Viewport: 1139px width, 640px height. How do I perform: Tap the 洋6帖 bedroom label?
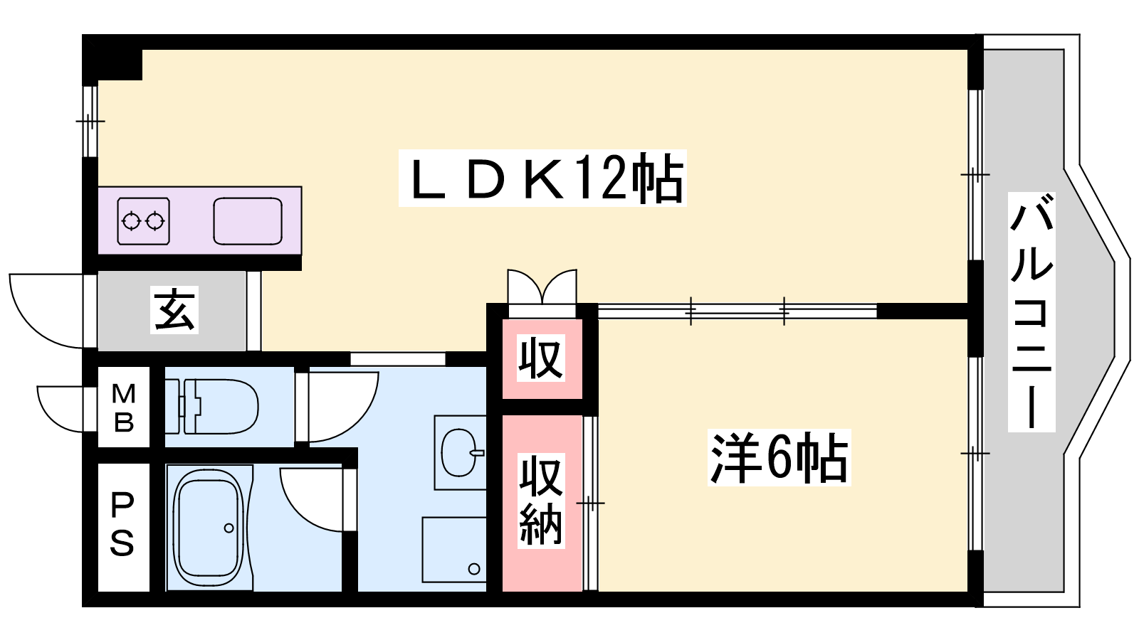coord(779,458)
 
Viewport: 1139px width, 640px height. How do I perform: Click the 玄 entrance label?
coord(174,311)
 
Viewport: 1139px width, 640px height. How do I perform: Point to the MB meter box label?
coord(123,407)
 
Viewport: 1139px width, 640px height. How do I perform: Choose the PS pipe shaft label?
coord(122,526)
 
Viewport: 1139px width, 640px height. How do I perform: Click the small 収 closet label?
coord(541,358)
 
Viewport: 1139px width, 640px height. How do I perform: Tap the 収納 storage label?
coord(541,501)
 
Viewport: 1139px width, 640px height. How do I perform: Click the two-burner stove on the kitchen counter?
coord(143,221)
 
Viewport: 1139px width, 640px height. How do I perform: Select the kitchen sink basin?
coord(248,221)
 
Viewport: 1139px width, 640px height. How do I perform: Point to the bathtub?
coord(208,527)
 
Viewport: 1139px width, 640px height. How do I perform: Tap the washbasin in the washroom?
coord(459,452)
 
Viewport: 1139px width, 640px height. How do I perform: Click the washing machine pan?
coord(454,549)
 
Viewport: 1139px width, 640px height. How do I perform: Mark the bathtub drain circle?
coord(229,528)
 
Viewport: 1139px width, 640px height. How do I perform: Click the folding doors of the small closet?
coord(542,288)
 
